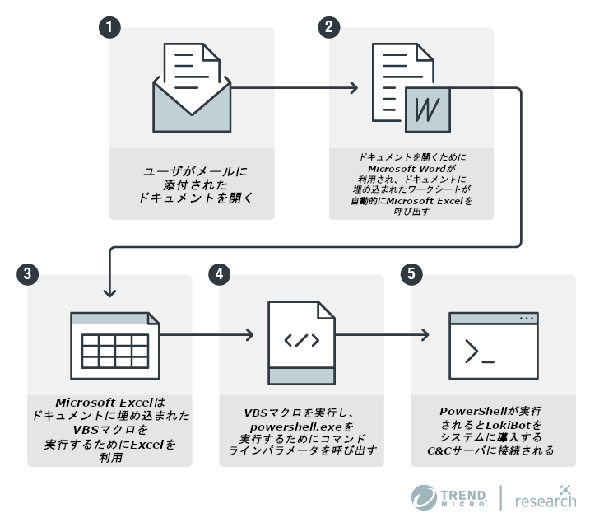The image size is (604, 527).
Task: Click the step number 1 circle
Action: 109,27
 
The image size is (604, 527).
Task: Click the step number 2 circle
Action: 329,27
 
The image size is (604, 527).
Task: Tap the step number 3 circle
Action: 27,274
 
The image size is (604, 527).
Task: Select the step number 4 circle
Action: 220,274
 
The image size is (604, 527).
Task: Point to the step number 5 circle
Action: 411,274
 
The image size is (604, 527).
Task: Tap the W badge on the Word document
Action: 427,109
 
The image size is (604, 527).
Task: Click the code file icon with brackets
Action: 301,342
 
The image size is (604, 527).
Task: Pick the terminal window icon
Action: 493,342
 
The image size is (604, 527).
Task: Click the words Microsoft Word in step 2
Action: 411,169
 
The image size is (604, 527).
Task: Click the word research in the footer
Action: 546,500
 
